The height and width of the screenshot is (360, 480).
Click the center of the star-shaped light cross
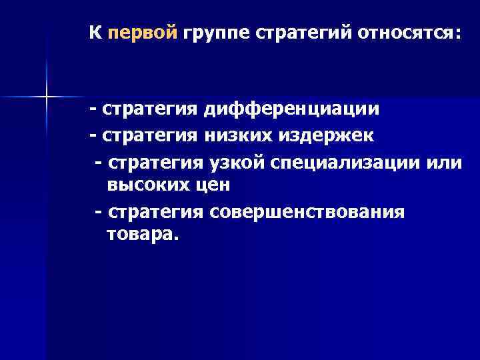(47, 97)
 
